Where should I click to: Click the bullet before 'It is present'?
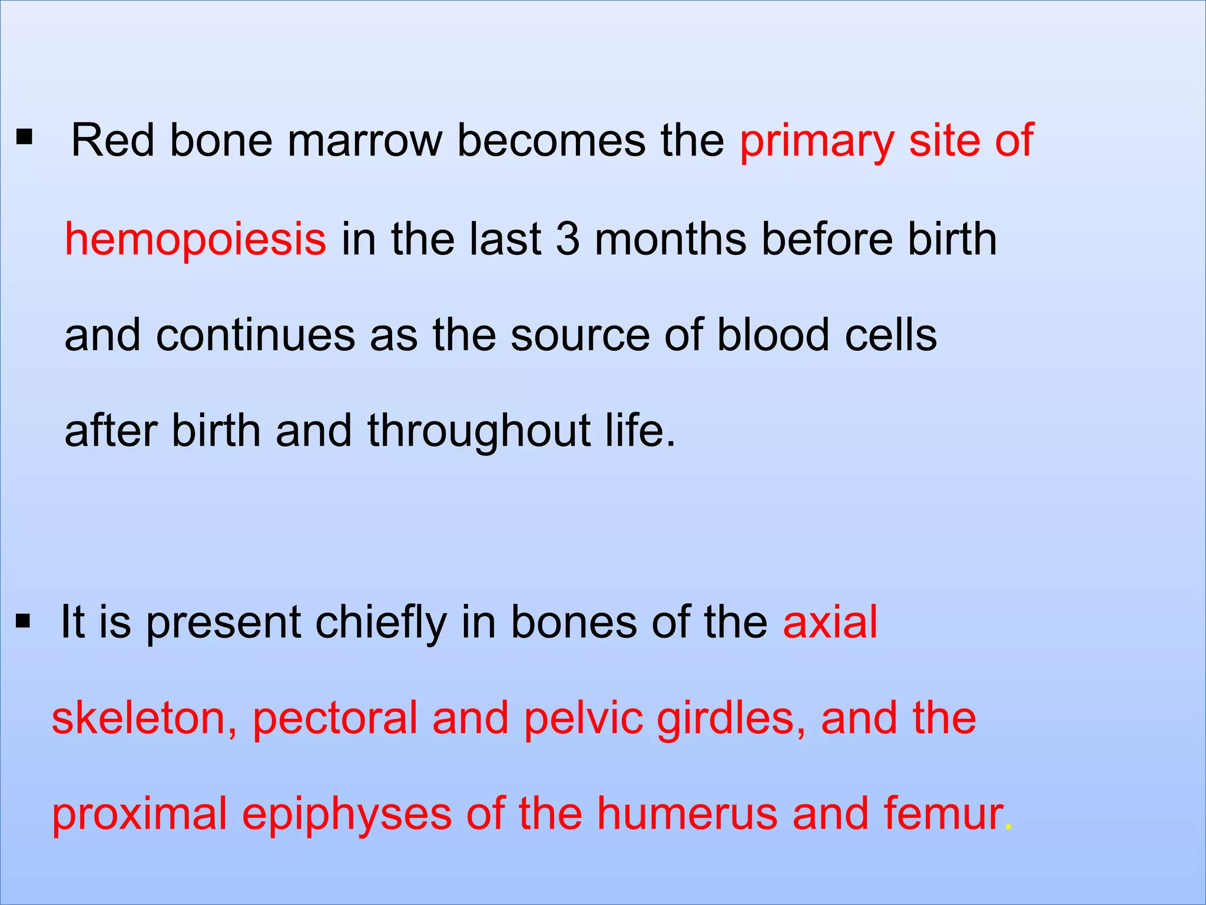(23, 621)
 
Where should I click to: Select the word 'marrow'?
(364, 141)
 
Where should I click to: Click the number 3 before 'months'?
(568, 239)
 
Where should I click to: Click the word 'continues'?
(255, 335)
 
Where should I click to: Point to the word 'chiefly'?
(380, 622)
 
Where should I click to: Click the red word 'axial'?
(830, 622)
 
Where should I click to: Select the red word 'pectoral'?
(334, 718)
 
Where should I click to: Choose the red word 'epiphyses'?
(346, 815)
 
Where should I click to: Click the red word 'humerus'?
(687, 814)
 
